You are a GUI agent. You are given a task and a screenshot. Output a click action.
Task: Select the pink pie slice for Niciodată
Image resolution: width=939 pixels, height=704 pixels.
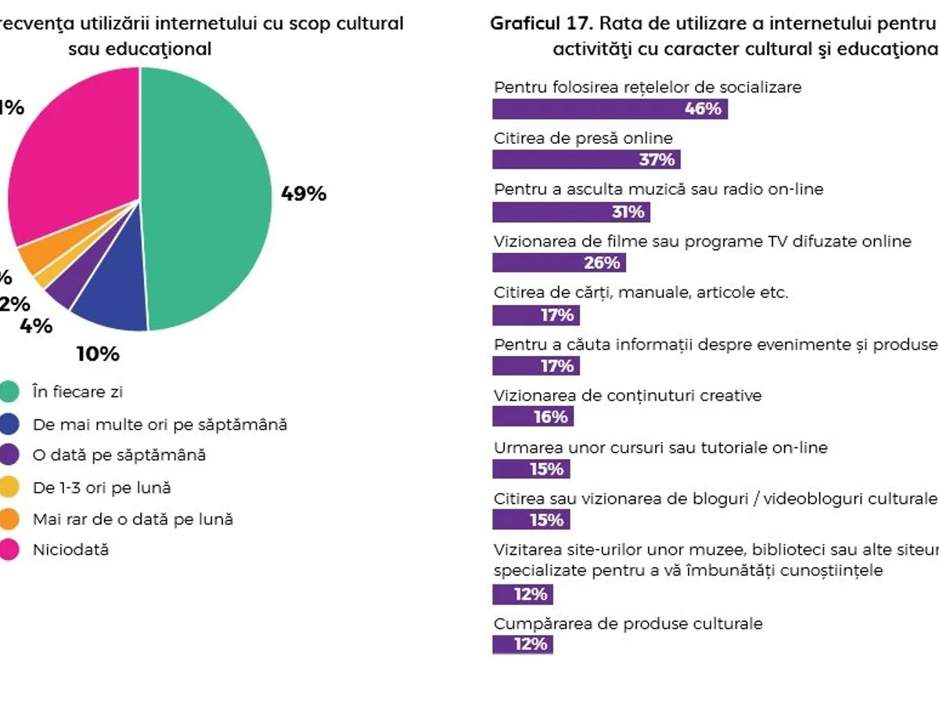[74, 156]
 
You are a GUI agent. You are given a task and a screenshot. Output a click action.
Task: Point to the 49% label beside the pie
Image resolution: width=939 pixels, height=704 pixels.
[304, 194]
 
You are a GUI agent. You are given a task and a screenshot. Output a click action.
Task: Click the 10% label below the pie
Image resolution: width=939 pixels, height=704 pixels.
[98, 354]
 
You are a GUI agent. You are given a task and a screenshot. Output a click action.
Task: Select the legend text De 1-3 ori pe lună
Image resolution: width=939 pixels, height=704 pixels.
[102, 487]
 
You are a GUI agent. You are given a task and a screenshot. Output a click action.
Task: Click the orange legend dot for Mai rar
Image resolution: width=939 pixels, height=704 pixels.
[9, 519]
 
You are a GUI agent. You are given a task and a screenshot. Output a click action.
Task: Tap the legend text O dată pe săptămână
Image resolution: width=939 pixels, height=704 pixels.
[119, 454]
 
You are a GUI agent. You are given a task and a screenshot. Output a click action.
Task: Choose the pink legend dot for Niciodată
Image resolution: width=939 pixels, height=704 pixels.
[9, 550]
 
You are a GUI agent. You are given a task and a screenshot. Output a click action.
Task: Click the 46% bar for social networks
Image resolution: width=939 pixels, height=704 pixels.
[610, 109]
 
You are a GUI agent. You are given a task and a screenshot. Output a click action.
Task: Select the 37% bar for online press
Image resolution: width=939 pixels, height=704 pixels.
[586, 160]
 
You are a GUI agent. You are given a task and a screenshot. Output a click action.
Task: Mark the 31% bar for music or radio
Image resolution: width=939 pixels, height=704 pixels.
[570, 212]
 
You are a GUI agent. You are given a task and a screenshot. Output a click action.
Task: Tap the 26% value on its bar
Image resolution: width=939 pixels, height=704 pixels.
[602, 263]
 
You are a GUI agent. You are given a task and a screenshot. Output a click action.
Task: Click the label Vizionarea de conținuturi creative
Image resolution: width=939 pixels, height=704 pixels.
[628, 396]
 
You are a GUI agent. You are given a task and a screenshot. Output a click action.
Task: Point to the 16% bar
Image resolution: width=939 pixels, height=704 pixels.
[532, 417]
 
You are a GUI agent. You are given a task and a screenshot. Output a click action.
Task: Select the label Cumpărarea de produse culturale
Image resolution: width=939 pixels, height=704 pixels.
[628, 623]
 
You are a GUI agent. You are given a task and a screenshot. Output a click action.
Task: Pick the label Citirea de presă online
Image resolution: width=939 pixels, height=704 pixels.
[583, 138]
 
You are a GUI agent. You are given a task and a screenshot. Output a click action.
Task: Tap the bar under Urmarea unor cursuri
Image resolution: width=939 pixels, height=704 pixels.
[531, 469]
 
